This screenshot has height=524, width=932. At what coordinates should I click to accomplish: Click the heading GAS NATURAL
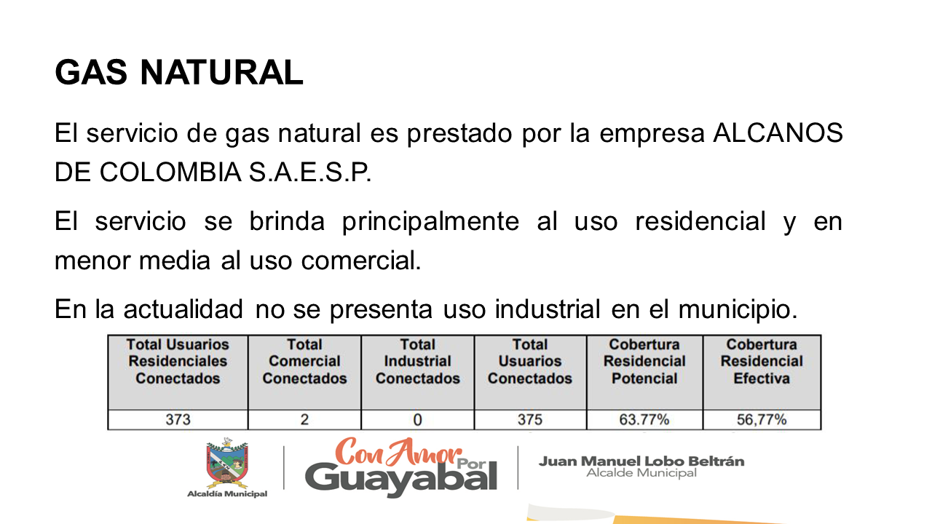click(179, 72)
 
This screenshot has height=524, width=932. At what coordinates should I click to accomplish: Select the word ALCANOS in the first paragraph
click(778, 133)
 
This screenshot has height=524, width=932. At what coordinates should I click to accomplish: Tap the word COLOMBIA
click(170, 172)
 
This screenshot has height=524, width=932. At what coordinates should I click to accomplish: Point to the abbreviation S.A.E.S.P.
click(310, 172)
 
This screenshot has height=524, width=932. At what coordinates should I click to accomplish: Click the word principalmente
click(430, 223)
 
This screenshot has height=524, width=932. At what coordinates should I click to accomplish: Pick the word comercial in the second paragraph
click(361, 261)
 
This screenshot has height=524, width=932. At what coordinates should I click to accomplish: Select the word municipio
click(738, 310)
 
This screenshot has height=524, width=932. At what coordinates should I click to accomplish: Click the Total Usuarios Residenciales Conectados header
click(178, 362)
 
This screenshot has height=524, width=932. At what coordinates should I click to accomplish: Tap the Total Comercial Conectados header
click(304, 362)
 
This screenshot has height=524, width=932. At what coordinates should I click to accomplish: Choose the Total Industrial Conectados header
click(418, 362)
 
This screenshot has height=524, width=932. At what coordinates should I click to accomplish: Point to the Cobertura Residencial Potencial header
click(644, 362)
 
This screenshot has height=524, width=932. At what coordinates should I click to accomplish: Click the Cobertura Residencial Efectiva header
click(762, 362)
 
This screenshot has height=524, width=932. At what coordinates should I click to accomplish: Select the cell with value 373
click(178, 420)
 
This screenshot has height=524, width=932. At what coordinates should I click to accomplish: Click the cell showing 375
click(530, 420)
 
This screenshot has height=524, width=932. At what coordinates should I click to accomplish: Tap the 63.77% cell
click(644, 420)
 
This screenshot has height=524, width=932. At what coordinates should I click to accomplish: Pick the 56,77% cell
click(762, 420)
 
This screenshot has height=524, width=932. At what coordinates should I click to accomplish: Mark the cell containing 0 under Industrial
click(418, 420)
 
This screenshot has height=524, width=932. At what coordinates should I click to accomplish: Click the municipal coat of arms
click(227, 463)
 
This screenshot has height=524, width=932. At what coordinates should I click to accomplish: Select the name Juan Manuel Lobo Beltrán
click(641, 461)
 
